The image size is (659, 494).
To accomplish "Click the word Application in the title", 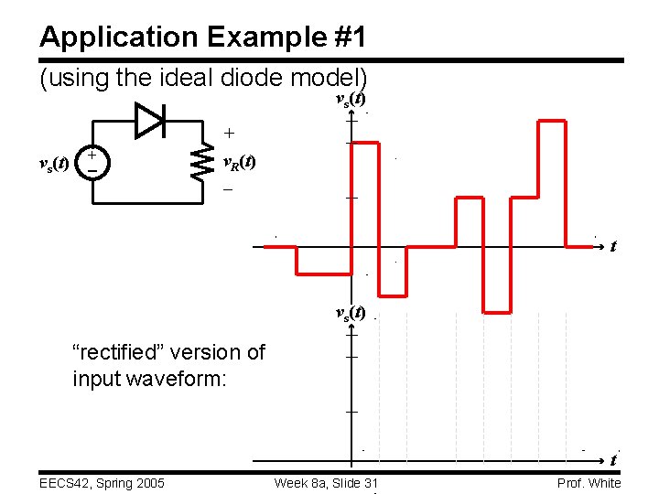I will click(x=104, y=38).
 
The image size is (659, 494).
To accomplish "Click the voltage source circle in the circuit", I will click(x=91, y=163).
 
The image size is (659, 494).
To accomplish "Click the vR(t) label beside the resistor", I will click(x=240, y=163).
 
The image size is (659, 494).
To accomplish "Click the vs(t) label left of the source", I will click(x=52, y=164).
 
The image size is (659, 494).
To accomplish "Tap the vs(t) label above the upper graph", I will click(x=351, y=99).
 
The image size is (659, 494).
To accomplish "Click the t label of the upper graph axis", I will click(x=612, y=246).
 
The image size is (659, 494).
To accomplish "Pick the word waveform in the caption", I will click(x=178, y=378).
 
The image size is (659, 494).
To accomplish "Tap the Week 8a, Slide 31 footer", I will click(x=325, y=483).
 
